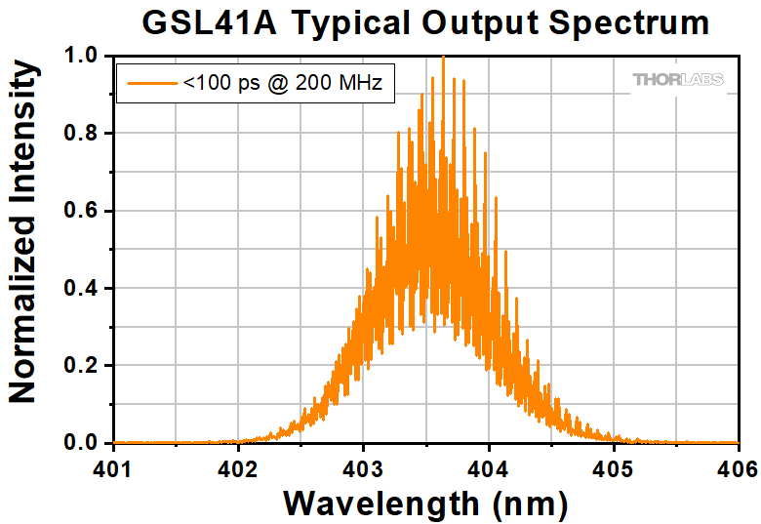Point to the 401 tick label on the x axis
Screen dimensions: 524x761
pos(112,469)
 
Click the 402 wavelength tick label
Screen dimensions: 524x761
pos(237,469)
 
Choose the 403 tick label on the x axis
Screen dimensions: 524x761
pos(362,469)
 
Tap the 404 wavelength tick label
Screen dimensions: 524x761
pos(487,469)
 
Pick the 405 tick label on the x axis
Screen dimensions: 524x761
pos(612,469)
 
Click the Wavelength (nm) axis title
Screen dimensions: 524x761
pos(425,504)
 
